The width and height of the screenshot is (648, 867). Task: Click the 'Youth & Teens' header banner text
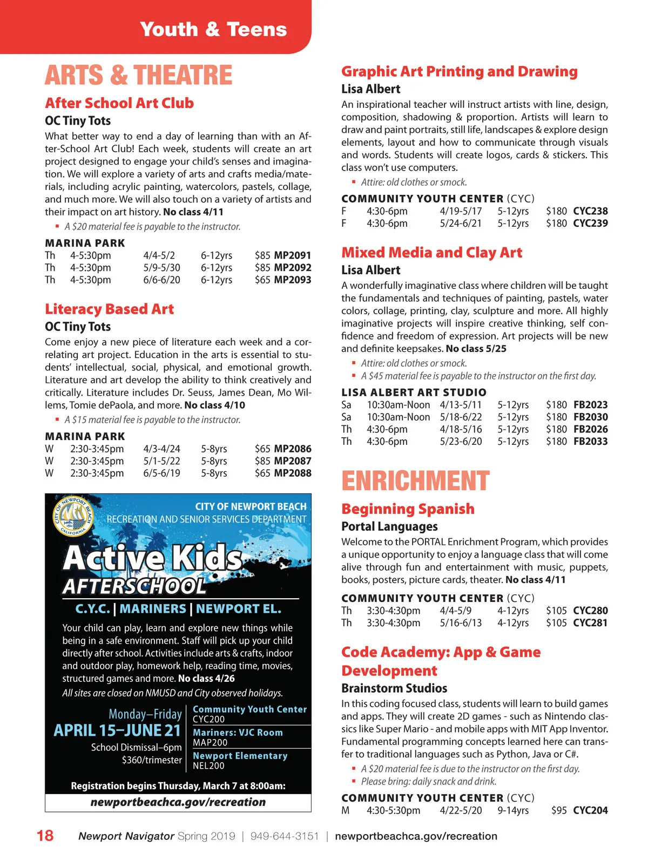213,29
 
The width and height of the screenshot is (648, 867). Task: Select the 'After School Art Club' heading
119,103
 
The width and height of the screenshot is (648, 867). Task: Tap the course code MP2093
293,280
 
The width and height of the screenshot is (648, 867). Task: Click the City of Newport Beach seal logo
74,516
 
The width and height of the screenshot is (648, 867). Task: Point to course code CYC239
590,223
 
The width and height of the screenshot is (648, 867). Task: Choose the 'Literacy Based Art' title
110,309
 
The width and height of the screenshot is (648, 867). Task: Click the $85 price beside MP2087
262,461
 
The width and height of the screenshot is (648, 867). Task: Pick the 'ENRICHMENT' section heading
415,480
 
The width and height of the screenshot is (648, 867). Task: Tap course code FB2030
590,417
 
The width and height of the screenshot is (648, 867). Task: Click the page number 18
45,836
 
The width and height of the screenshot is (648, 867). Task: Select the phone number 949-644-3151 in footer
285,836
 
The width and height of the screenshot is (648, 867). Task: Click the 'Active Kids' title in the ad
153,558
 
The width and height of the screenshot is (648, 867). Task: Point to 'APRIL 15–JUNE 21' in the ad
117,730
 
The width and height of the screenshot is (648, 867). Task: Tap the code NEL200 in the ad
208,766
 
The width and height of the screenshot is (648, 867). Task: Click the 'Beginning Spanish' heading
408,509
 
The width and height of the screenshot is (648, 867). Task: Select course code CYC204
590,810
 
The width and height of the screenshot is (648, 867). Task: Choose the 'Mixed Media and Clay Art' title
431,253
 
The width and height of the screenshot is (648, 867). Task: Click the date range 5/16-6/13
461,622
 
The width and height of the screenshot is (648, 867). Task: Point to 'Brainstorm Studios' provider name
394,688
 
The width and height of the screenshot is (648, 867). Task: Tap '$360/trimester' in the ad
152,760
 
